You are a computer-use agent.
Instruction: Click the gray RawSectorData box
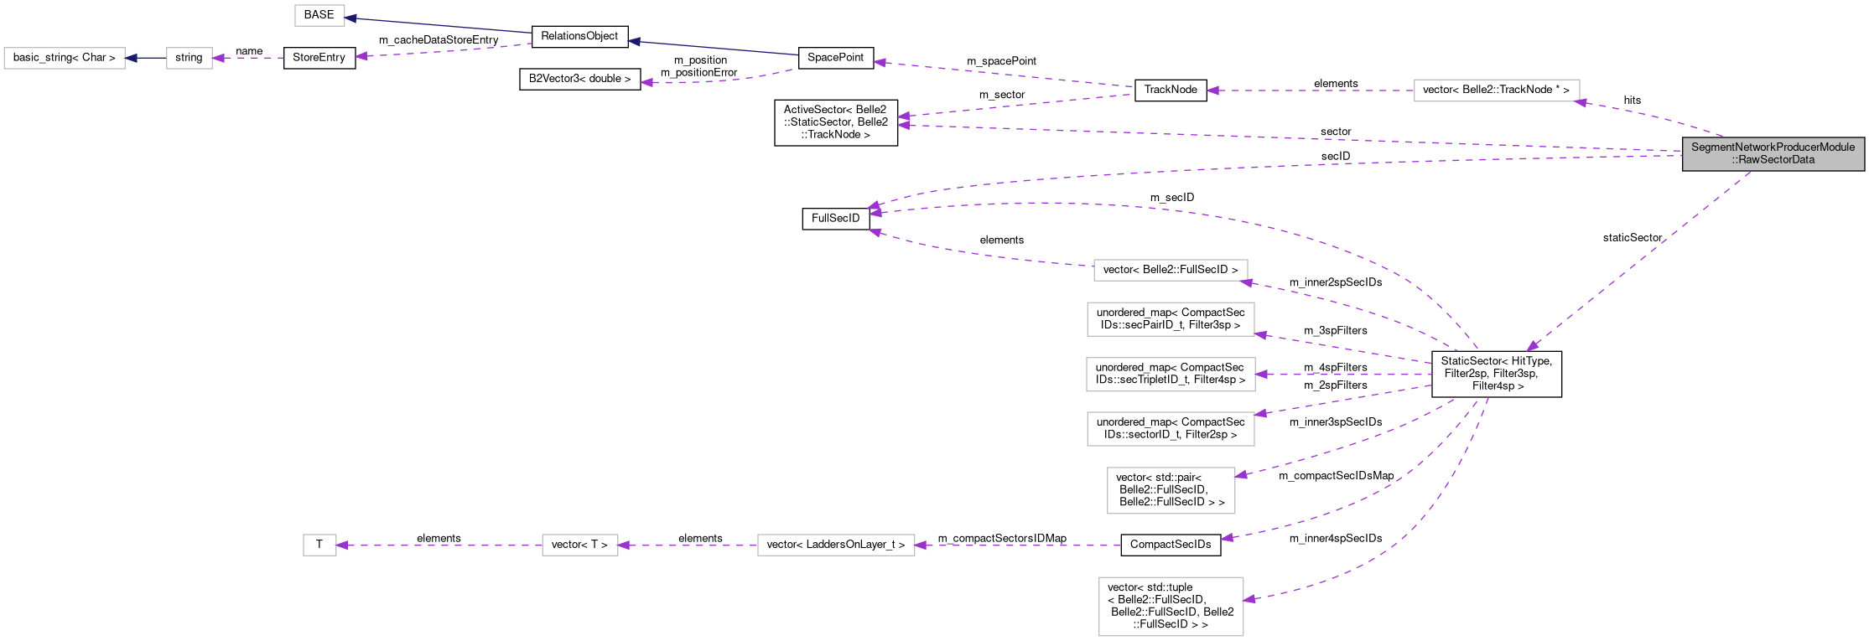click(1773, 153)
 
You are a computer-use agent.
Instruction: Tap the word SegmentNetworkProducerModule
click(1773, 147)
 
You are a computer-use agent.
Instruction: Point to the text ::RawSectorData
click(1773, 160)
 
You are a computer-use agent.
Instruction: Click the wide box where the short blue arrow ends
click(65, 58)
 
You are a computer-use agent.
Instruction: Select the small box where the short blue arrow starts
click(189, 58)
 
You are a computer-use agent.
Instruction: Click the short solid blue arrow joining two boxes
click(146, 58)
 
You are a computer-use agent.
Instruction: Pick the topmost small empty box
click(319, 15)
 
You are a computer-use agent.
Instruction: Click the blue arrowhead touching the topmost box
click(351, 18)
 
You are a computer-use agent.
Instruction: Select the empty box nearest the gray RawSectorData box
click(1496, 90)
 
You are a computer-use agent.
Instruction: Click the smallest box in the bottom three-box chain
click(319, 545)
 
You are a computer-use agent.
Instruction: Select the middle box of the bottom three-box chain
click(579, 545)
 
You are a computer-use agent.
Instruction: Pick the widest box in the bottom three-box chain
click(835, 545)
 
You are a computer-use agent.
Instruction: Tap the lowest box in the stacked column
click(1171, 606)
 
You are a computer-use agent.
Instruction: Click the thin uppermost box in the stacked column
click(1170, 270)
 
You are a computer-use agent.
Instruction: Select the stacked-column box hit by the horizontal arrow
click(1170, 375)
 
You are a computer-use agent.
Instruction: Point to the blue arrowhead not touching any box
click(634, 42)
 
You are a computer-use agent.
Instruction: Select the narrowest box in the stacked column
click(1171, 490)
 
